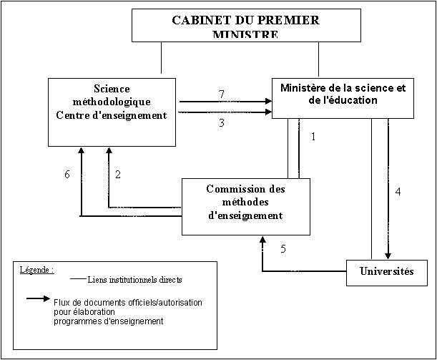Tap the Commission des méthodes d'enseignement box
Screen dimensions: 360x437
(x=245, y=206)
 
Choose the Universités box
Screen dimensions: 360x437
(x=387, y=272)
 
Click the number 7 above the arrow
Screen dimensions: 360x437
(x=222, y=94)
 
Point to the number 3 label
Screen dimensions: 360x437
(x=222, y=123)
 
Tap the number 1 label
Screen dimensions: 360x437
(x=313, y=137)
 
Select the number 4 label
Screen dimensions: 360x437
(x=398, y=192)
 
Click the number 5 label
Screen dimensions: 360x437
(x=283, y=249)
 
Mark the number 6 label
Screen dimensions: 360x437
(x=67, y=175)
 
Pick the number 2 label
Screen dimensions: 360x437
(x=117, y=175)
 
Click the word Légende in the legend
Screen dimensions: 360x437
(x=36, y=271)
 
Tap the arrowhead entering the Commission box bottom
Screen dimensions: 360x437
(x=262, y=241)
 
